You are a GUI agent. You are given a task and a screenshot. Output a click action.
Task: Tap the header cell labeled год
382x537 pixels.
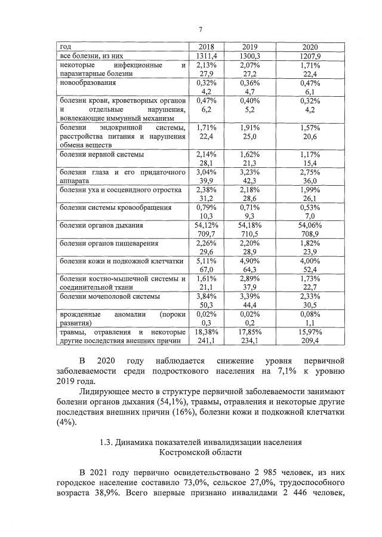[65, 47]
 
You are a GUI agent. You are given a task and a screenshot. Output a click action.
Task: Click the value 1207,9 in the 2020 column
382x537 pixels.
[309, 56]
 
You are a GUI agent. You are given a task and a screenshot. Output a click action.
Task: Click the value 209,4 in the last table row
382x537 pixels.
[309, 340]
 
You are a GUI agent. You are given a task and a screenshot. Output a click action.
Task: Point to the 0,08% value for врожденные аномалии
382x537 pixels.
[309, 314]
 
